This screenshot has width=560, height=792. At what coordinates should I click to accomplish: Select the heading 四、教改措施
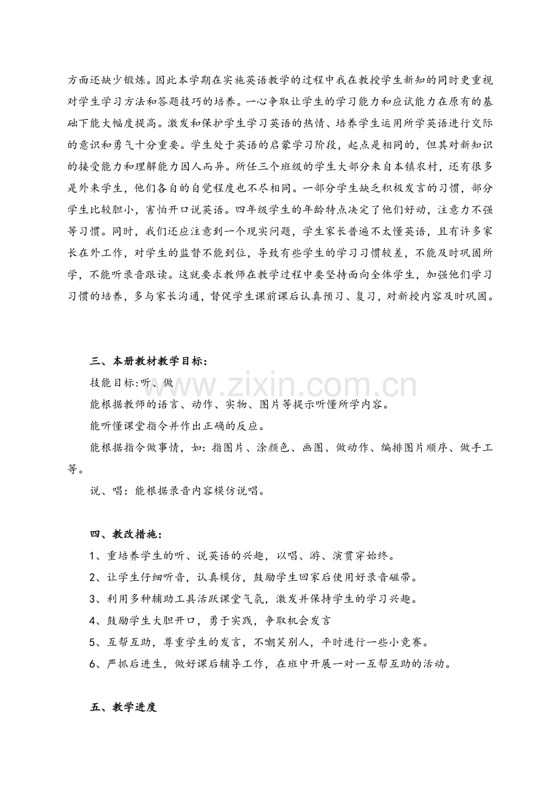(124, 535)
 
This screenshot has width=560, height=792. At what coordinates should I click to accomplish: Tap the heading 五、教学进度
(123, 708)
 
